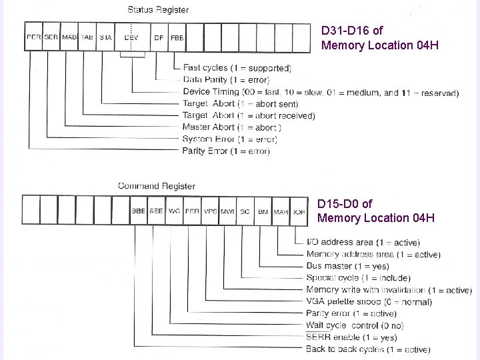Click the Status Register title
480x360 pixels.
click(x=157, y=9)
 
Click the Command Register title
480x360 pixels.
click(x=156, y=186)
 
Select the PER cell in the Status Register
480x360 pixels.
click(x=33, y=38)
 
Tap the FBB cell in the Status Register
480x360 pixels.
click(x=177, y=38)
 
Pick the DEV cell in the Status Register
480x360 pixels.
click(x=131, y=38)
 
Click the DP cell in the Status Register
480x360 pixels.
click(x=159, y=38)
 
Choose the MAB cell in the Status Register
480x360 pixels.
click(x=69, y=38)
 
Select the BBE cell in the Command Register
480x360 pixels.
click(x=139, y=211)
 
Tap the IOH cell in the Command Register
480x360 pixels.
click(x=299, y=211)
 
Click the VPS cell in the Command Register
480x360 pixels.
click(x=210, y=211)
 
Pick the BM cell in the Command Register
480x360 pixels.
click(x=263, y=211)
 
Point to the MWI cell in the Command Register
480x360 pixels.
click(x=227, y=211)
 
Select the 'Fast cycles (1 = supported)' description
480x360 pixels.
click(x=237, y=68)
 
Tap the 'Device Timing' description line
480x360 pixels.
click(x=320, y=92)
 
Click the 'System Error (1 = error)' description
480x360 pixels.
click(x=229, y=139)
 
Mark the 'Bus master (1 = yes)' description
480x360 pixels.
click(x=349, y=266)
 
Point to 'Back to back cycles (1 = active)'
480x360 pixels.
click(x=368, y=349)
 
